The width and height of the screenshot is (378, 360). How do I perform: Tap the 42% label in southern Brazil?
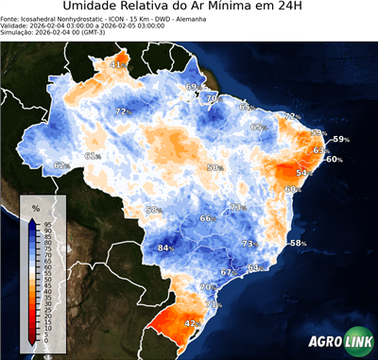click(x=191, y=323)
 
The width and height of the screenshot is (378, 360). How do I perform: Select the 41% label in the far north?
click(x=117, y=65)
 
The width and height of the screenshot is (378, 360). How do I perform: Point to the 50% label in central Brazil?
click(x=215, y=167)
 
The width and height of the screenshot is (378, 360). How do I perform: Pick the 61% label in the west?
click(x=93, y=156)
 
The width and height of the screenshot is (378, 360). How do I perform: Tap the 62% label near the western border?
click(x=61, y=165)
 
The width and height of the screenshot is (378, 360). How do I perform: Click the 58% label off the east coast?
click(x=298, y=244)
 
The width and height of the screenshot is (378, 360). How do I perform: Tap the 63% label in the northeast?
click(x=320, y=150)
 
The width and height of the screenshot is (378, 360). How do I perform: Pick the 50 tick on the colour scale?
click(x=47, y=279)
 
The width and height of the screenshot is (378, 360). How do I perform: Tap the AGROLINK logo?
click(x=339, y=342)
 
